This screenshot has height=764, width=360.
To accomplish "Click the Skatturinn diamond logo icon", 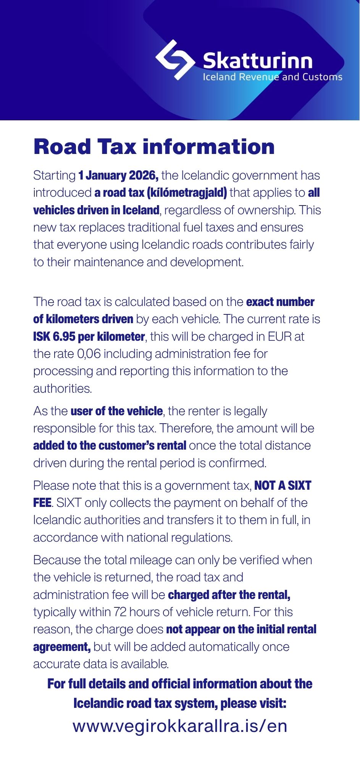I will point(175,60).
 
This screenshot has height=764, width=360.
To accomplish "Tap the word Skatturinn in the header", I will point(258,61).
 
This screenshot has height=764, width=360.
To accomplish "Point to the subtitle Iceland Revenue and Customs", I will point(272,77).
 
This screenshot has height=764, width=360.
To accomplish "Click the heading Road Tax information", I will point(154,147).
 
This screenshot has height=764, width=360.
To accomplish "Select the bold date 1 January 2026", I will point(118,176).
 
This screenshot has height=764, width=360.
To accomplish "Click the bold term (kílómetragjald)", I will point(187,193).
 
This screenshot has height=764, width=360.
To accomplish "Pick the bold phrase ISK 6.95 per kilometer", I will point(89,337).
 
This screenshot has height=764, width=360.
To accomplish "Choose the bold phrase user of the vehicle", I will point(116,411).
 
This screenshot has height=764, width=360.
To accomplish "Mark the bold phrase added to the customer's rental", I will point(110,445).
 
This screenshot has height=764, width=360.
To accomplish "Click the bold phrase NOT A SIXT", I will point(283,486).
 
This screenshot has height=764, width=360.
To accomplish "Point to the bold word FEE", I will point(42,503).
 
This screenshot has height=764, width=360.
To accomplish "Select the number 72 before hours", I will point(119,612).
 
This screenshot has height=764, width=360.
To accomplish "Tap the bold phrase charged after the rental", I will point(229,595).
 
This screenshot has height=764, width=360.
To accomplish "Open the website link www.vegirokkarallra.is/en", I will point(180,726).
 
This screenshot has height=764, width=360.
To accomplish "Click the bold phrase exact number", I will point(280,302).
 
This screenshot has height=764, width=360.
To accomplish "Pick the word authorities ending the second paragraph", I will point(63,388).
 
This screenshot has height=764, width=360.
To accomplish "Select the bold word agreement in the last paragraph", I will point(61,647).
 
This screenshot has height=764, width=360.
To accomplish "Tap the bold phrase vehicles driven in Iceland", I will point(96,210).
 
